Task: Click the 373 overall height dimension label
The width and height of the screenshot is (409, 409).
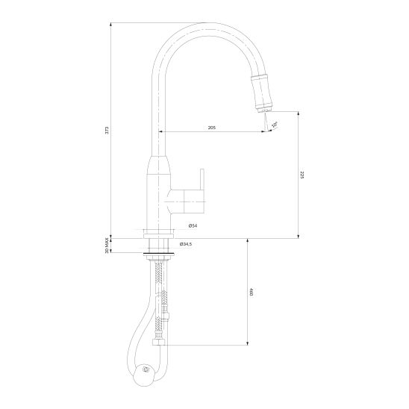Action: point(107,130)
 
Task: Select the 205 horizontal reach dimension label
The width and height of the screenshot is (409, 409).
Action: point(212,128)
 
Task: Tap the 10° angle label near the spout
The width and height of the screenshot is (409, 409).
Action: point(275,125)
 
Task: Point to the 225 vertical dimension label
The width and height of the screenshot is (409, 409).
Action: point(302,175)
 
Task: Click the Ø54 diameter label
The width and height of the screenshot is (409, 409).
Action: point(193,225)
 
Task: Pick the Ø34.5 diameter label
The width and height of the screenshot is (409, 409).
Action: point(186,244)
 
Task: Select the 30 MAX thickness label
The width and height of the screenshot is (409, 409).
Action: point(107,246)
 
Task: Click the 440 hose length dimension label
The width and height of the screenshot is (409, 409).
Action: point(252,292)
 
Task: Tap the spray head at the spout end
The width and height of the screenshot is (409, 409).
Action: point(263,93)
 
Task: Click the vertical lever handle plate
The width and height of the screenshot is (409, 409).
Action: point(202,179)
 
